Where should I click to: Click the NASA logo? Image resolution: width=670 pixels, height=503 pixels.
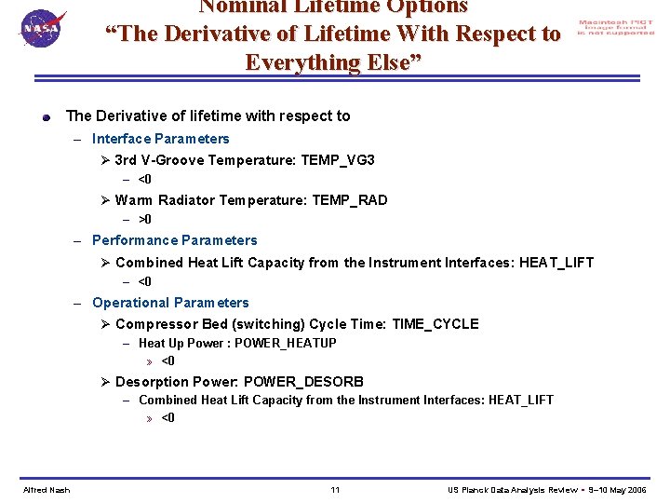click(41, 28)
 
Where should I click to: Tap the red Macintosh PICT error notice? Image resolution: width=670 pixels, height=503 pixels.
click(615, 28)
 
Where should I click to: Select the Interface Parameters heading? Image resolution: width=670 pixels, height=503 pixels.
click(160, 139)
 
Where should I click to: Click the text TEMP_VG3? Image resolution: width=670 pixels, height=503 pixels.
click(338, 160)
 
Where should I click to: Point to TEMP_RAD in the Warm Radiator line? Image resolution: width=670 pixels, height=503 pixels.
click(350, 200)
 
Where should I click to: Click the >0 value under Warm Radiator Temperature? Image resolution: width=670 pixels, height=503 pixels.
click(145, 220)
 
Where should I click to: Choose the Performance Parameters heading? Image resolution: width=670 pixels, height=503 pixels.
click(174, 240)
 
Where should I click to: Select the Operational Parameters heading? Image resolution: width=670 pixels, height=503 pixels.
click(170, 303)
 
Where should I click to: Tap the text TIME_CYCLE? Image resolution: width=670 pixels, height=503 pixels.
click(435, 324)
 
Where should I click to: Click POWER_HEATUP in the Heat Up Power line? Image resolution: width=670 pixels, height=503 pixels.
click(286, 343)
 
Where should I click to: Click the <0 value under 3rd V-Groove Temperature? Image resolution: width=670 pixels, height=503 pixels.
click(145, 179)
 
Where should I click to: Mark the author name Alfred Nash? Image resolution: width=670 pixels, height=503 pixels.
click(47, 490)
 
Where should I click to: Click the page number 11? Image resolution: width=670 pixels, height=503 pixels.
click(335, 490)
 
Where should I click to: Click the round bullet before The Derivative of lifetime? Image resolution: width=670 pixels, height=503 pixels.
click(46, 117)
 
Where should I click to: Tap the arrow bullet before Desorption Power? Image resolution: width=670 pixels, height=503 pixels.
click(106, 382)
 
